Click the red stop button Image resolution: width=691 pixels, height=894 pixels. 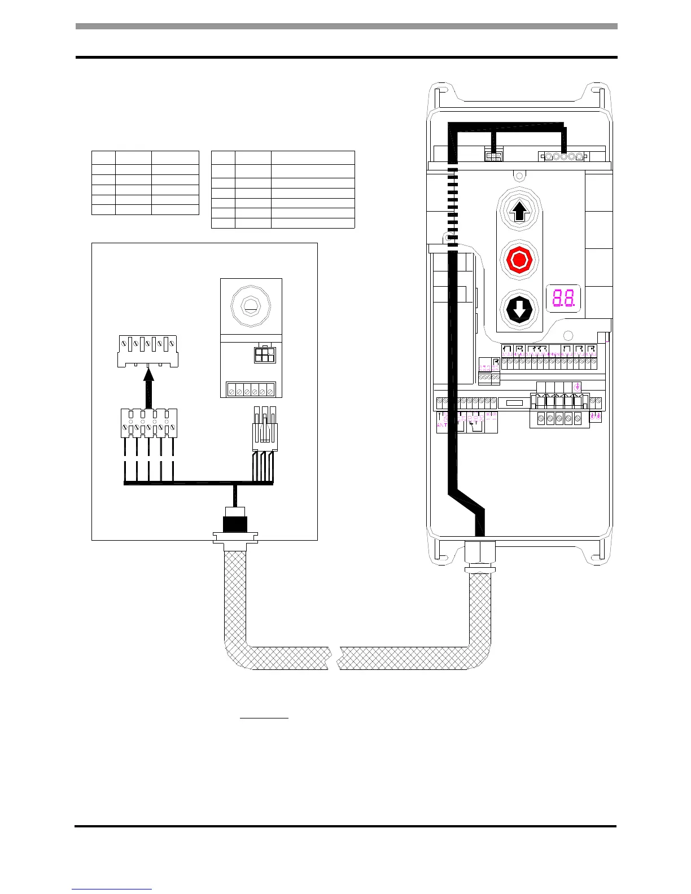[519, 260]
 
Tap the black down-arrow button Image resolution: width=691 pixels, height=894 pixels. [519, 309]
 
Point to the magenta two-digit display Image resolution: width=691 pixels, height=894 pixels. [563, 298]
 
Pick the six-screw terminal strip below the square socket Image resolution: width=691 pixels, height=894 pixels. [251, 390]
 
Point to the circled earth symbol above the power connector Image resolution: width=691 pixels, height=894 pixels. [577, 387]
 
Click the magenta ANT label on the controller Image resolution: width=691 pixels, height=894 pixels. [442, 424]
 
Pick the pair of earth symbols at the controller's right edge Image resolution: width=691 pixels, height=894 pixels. [596, 417]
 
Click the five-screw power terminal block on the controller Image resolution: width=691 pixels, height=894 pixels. [559, 418]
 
